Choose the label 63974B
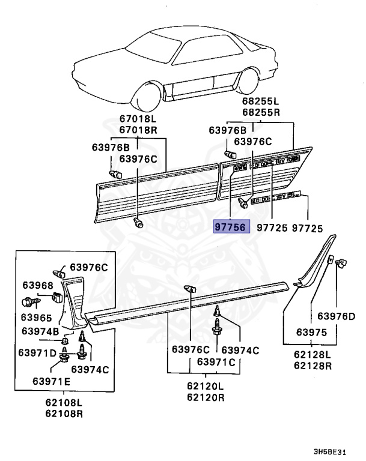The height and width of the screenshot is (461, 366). (41, 331)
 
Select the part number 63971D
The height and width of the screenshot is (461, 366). (41, 352)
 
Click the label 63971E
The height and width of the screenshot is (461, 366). (51, 381)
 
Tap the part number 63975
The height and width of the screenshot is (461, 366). (311, 331)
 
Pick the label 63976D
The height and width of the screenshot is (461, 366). (336, 316)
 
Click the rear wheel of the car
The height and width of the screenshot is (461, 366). (248, 80)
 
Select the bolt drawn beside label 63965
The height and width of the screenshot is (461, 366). (30, 301)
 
